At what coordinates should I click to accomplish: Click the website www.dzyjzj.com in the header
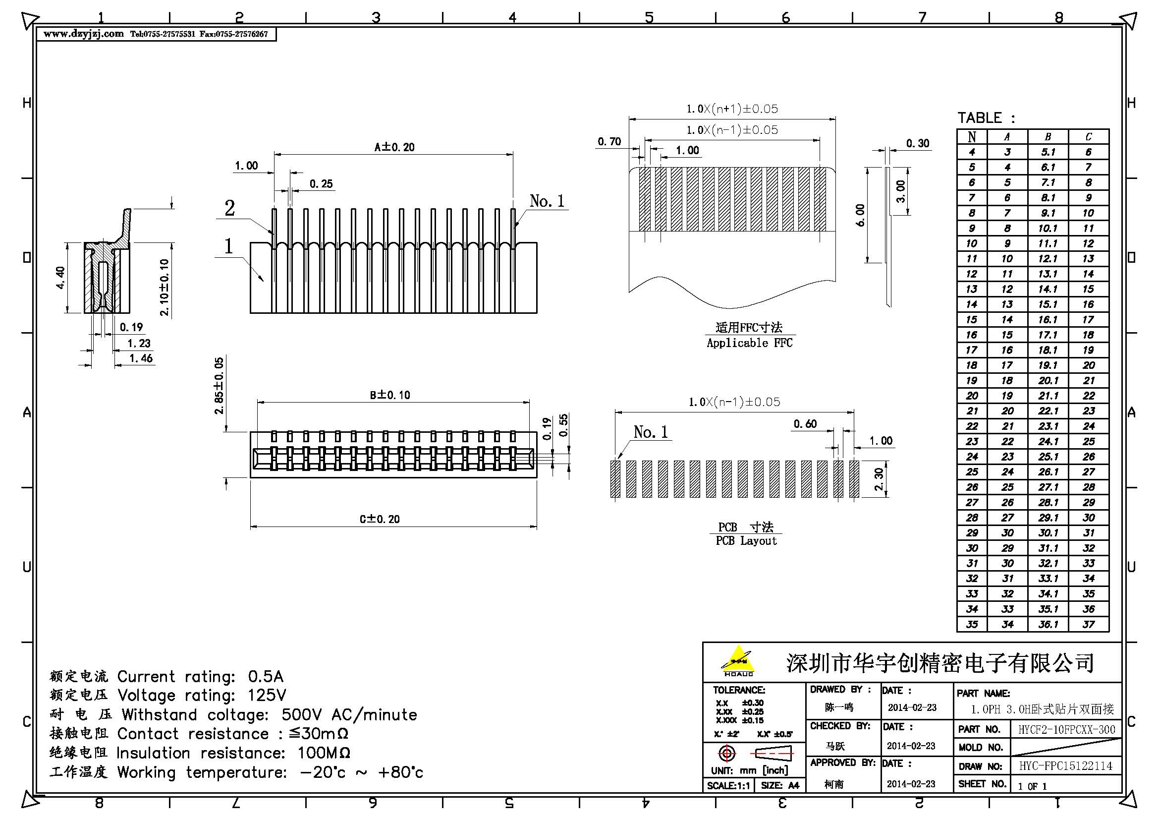coord(83,34)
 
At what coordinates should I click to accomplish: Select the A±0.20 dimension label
coord(394,147)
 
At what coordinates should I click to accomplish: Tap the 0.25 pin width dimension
coord(321,184)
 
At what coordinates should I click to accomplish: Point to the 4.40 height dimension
coord(60,277)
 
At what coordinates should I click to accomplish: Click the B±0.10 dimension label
coord(389,395)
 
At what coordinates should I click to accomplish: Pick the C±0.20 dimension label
coord(380,519)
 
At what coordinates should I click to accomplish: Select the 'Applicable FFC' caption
coord(750,343)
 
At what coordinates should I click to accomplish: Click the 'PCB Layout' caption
coord(746,541)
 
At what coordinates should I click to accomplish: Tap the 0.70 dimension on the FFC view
coord(609,142)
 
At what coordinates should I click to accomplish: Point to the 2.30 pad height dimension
coord(879,479)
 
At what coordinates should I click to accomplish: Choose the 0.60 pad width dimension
coord(805,423)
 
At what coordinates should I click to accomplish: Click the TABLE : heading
coord(986,118)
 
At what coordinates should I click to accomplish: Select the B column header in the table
coord(1048,137)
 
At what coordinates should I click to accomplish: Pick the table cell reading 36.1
coord(1048,625)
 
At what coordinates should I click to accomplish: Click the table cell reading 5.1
coord(1048,152)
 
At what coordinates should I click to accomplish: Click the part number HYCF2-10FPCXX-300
coord(1066,730)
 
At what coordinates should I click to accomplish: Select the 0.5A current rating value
coord(266,677)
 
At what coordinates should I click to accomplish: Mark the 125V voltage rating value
coord(267,696)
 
